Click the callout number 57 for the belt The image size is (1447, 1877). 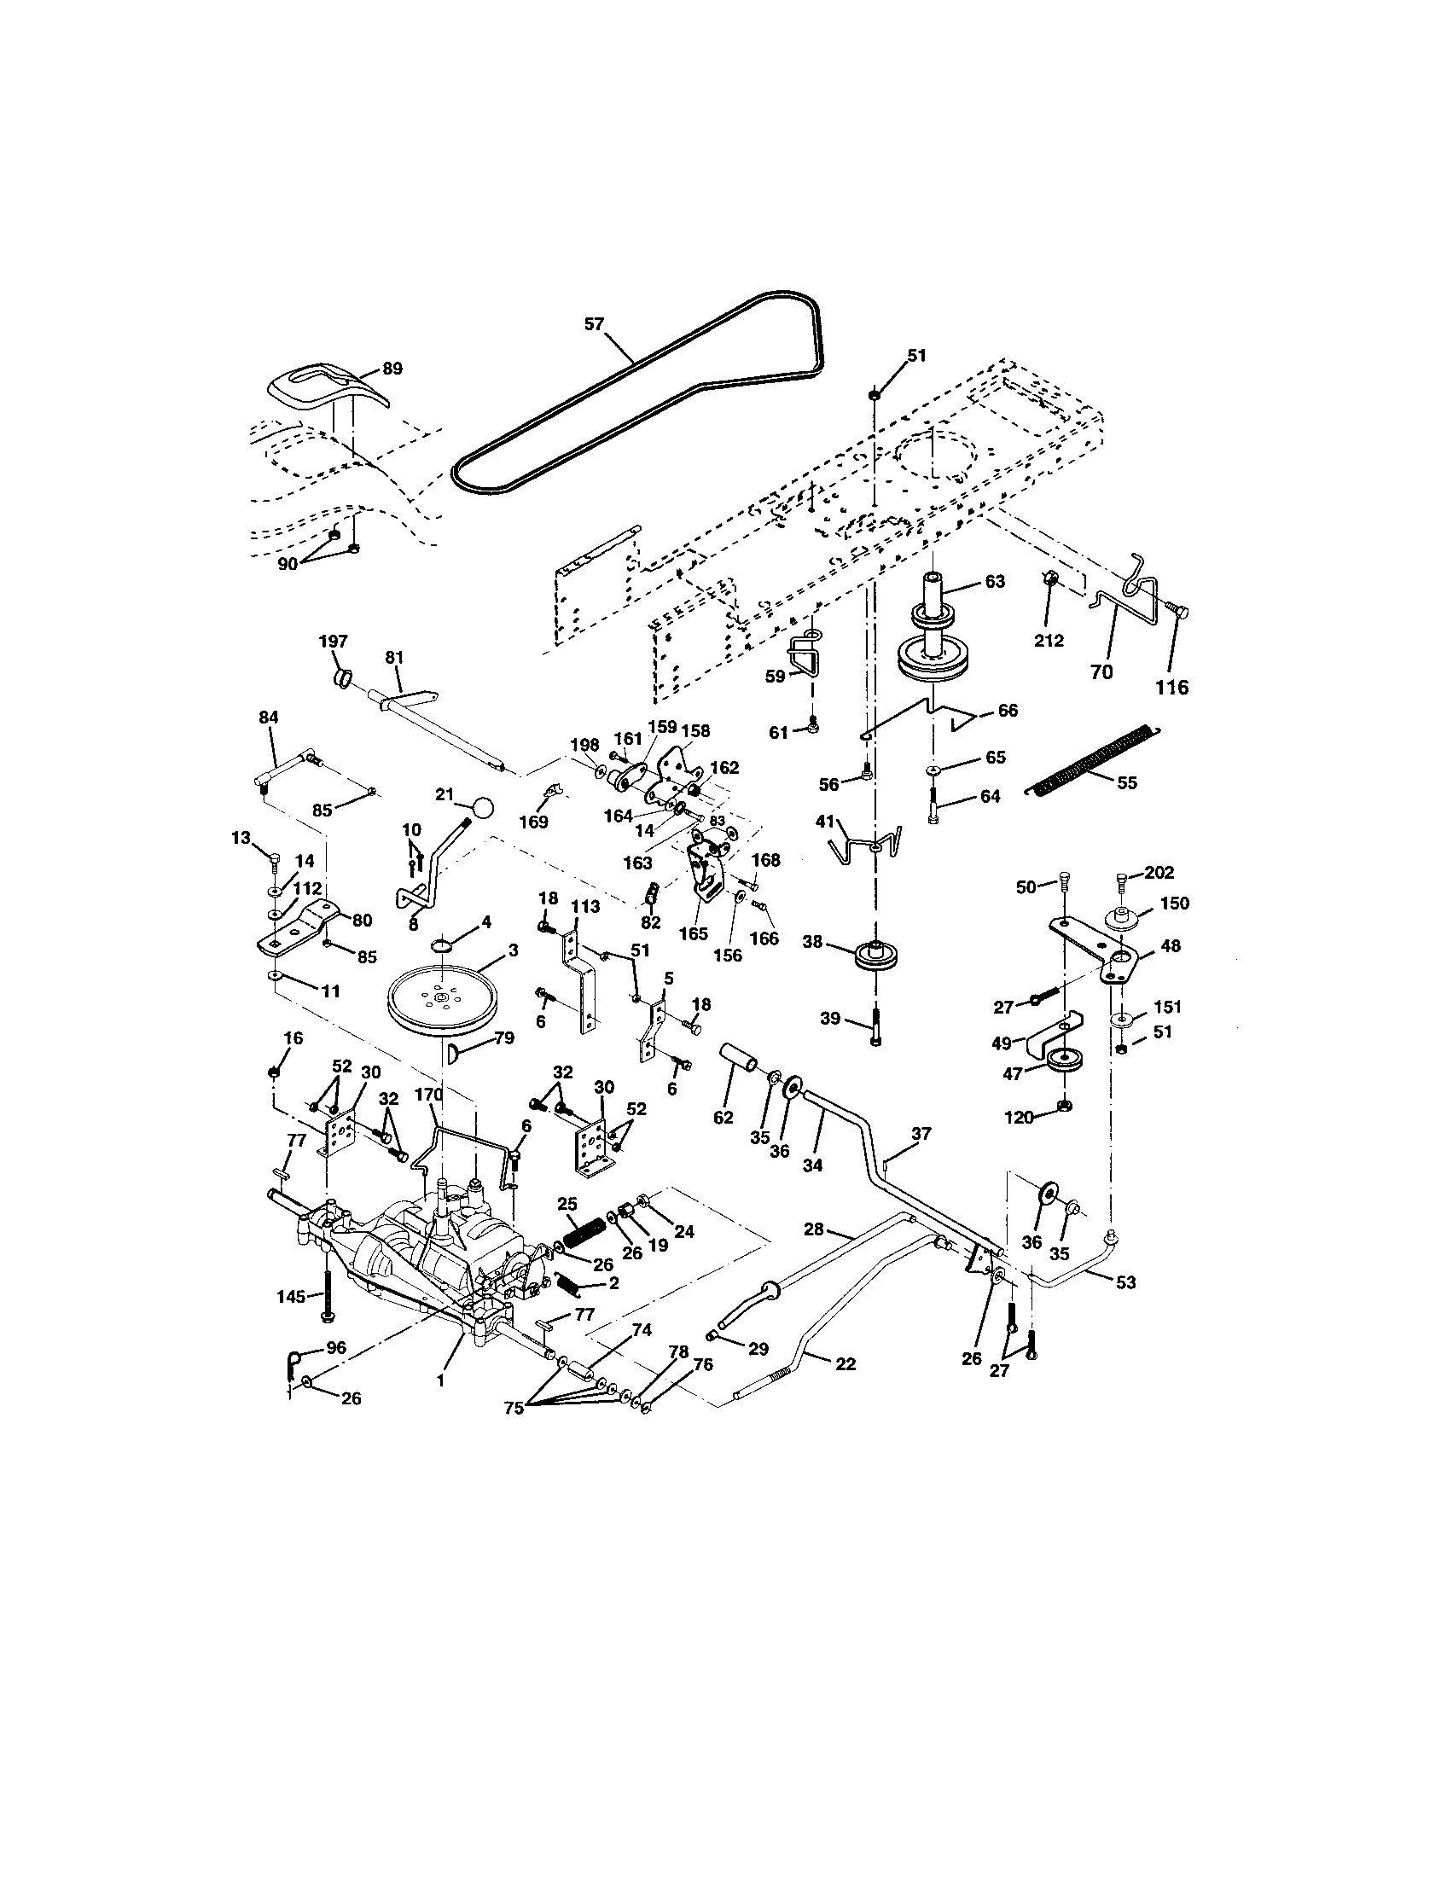tap(594, 324)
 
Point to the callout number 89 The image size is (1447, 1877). tap(392, 369)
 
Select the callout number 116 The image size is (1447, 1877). tap(1172, 687)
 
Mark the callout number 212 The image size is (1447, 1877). tap(1049, 640)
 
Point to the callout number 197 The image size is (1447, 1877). tap(334, 641)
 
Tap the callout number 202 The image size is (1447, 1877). tap(1159, 873)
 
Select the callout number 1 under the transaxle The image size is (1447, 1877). tap(441, 1380)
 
